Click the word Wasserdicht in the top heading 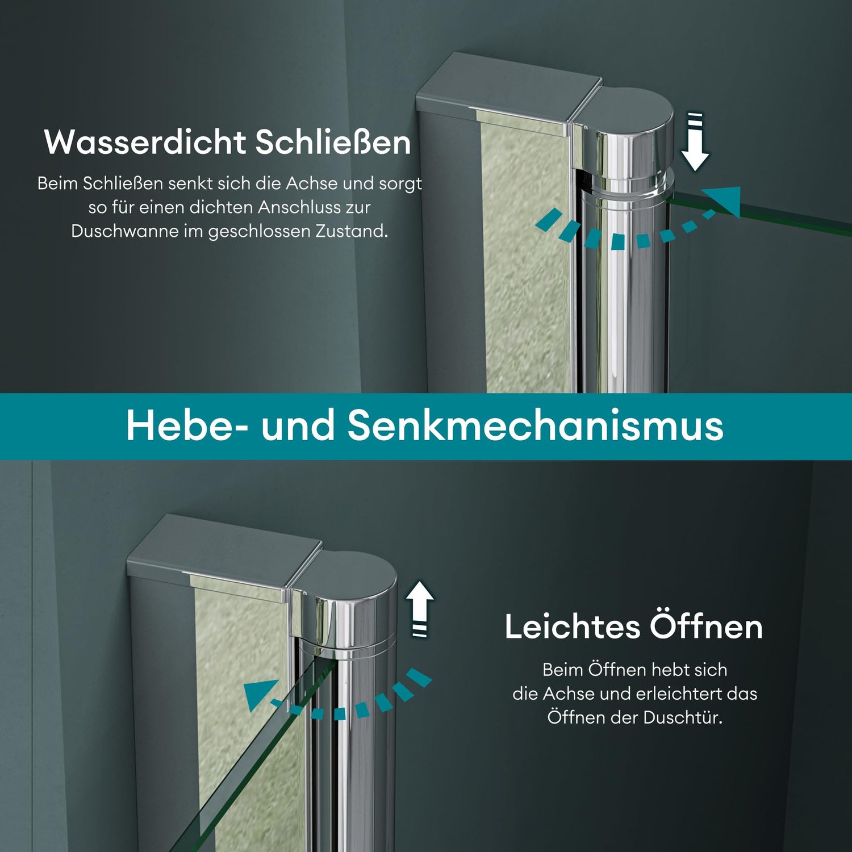coord(145,142)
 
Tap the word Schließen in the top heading coord(333,142)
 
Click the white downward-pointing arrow coord(695,142)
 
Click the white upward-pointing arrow coord(420,609)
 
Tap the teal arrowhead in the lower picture coord(260,695)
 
